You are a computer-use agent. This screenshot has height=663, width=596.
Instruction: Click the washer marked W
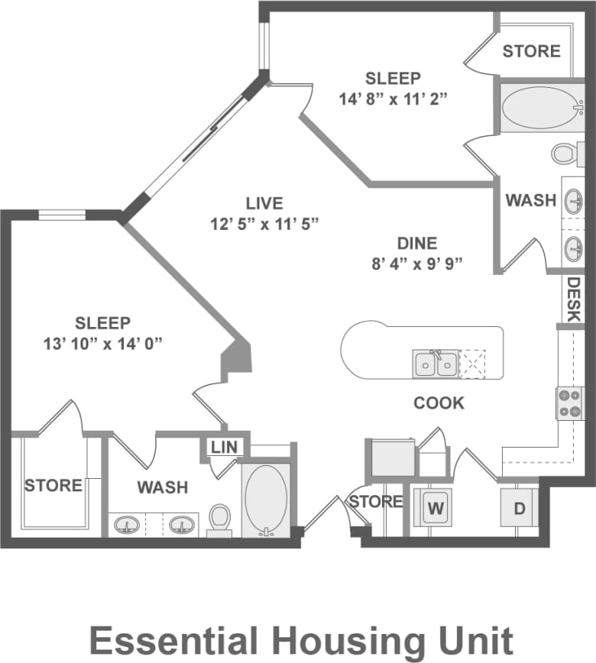pyautogui.click(x=435, y=508)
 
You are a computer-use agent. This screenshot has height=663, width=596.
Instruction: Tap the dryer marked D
pyautogui.click(x=519, y=508)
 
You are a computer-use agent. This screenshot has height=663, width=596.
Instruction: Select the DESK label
pyautogui.click(x=574, y=299)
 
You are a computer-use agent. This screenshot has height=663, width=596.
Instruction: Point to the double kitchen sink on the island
pyautogui.click(x=435, y=364)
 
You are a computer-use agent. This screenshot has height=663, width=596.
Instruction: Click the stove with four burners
pyautogui.click(x=569, y=403)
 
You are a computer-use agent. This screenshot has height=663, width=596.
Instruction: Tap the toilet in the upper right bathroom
pyautogui.click(x=566, y=153)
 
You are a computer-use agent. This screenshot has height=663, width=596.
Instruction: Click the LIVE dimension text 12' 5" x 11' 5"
pyautogui.click(x=264, y=223)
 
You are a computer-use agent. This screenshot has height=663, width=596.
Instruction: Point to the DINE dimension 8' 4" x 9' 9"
pyautogui.click(x=416, y=264)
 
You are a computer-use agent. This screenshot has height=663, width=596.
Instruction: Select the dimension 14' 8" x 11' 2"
pyautogui.click(x=392, y=98)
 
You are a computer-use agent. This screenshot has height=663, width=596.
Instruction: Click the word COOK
pyautogui.click(x=439, y=403)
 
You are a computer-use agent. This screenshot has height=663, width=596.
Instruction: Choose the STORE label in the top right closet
pyautogui.click(x=531, y=51)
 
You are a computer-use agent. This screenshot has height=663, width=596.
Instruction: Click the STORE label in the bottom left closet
pyautogui.click(x=53, y=485)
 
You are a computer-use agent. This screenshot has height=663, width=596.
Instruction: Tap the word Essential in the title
pyautogui.click(x=172, y=639)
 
